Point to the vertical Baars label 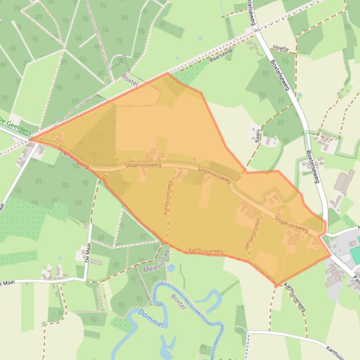point(257,135)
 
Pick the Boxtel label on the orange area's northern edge point(130,79)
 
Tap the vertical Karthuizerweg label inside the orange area point(167,197)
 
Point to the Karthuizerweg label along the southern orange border point(206,252)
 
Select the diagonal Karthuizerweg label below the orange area point(295,297)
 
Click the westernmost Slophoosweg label point(73,157)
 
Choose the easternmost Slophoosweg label point(291,224)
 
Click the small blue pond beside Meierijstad point(171,268)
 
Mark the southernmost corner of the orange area point(276,286)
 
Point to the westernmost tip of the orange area point(30,139)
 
